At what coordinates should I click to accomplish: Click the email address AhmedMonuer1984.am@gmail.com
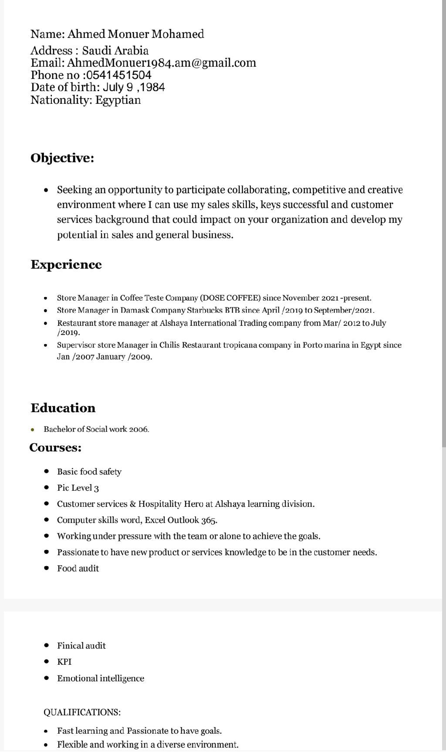click(162, 63)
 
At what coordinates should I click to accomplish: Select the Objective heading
click(62, 158)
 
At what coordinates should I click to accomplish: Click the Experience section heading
click(66, 264)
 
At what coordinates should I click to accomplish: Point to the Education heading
click(63, 408)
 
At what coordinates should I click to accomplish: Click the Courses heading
click(55, 448)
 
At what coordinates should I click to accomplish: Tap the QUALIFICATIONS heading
click(82, 712)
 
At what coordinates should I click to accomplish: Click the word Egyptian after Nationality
click(118, 100)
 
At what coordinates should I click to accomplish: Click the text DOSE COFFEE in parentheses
click(230, 298)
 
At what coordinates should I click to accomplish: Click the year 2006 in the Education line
click(139, 429)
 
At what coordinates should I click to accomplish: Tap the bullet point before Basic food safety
click(47, 472)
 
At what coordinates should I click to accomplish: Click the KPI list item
click(64, 662)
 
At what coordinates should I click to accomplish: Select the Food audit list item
click(78, 568)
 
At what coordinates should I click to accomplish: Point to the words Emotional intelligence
click(101, 678)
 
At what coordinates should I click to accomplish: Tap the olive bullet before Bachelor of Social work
click(33, 430)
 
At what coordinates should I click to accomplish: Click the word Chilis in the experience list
click(169, 345)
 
